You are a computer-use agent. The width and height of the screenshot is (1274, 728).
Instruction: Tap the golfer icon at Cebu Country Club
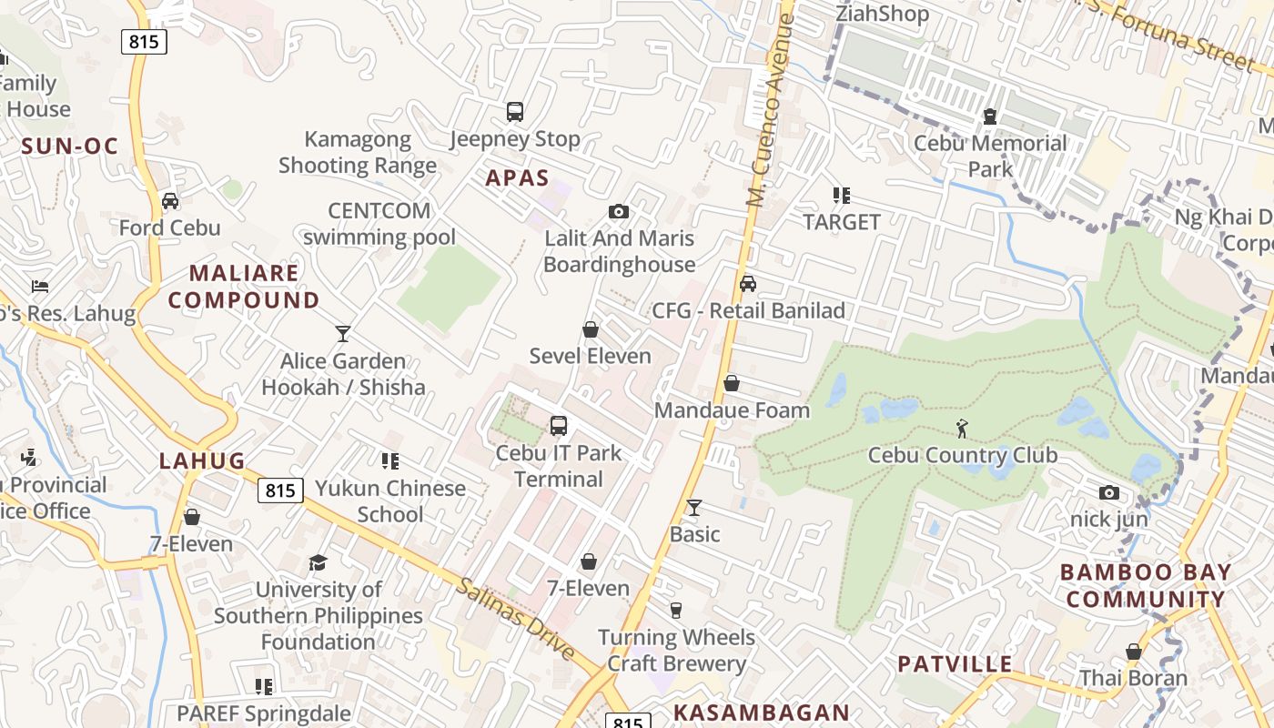(x=962, y=427)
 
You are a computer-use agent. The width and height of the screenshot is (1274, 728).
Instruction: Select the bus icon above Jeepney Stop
(x=515, y=112)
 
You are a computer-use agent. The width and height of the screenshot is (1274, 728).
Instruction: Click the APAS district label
(x=517, y=177)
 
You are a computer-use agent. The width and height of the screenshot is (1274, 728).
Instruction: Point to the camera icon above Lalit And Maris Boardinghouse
(x=619, y=212)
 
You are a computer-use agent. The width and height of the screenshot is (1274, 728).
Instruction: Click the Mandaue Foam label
(x=732, y=410)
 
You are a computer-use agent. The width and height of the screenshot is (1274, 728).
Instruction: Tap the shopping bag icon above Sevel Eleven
(x=591, y=329)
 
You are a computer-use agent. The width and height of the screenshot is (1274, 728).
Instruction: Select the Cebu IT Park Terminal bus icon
(x=559, y=426)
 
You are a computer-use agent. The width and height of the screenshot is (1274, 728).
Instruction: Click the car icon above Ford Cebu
(x=170, y=201)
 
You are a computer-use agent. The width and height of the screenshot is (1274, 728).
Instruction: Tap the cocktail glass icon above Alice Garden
(x=343, y=334)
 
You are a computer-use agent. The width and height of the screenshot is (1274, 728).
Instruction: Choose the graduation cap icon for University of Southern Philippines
(x=318, y=562)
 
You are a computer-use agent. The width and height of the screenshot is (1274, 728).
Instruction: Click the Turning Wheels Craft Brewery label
(x=676, y=650)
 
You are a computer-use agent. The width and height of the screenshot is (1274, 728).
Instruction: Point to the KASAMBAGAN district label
(x=761, y=713)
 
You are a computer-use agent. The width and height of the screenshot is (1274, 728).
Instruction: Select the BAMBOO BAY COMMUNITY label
(x=1146, y=586)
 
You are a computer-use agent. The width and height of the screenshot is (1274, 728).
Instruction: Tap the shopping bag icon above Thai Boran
(x=1134, y=652)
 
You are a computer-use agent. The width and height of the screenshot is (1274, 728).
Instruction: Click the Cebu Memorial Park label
(x=990, y=156)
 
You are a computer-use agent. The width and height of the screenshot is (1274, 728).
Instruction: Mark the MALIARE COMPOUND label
(x=244, y=286)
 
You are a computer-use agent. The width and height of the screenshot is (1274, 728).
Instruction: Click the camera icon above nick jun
(x=1108, y=493)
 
